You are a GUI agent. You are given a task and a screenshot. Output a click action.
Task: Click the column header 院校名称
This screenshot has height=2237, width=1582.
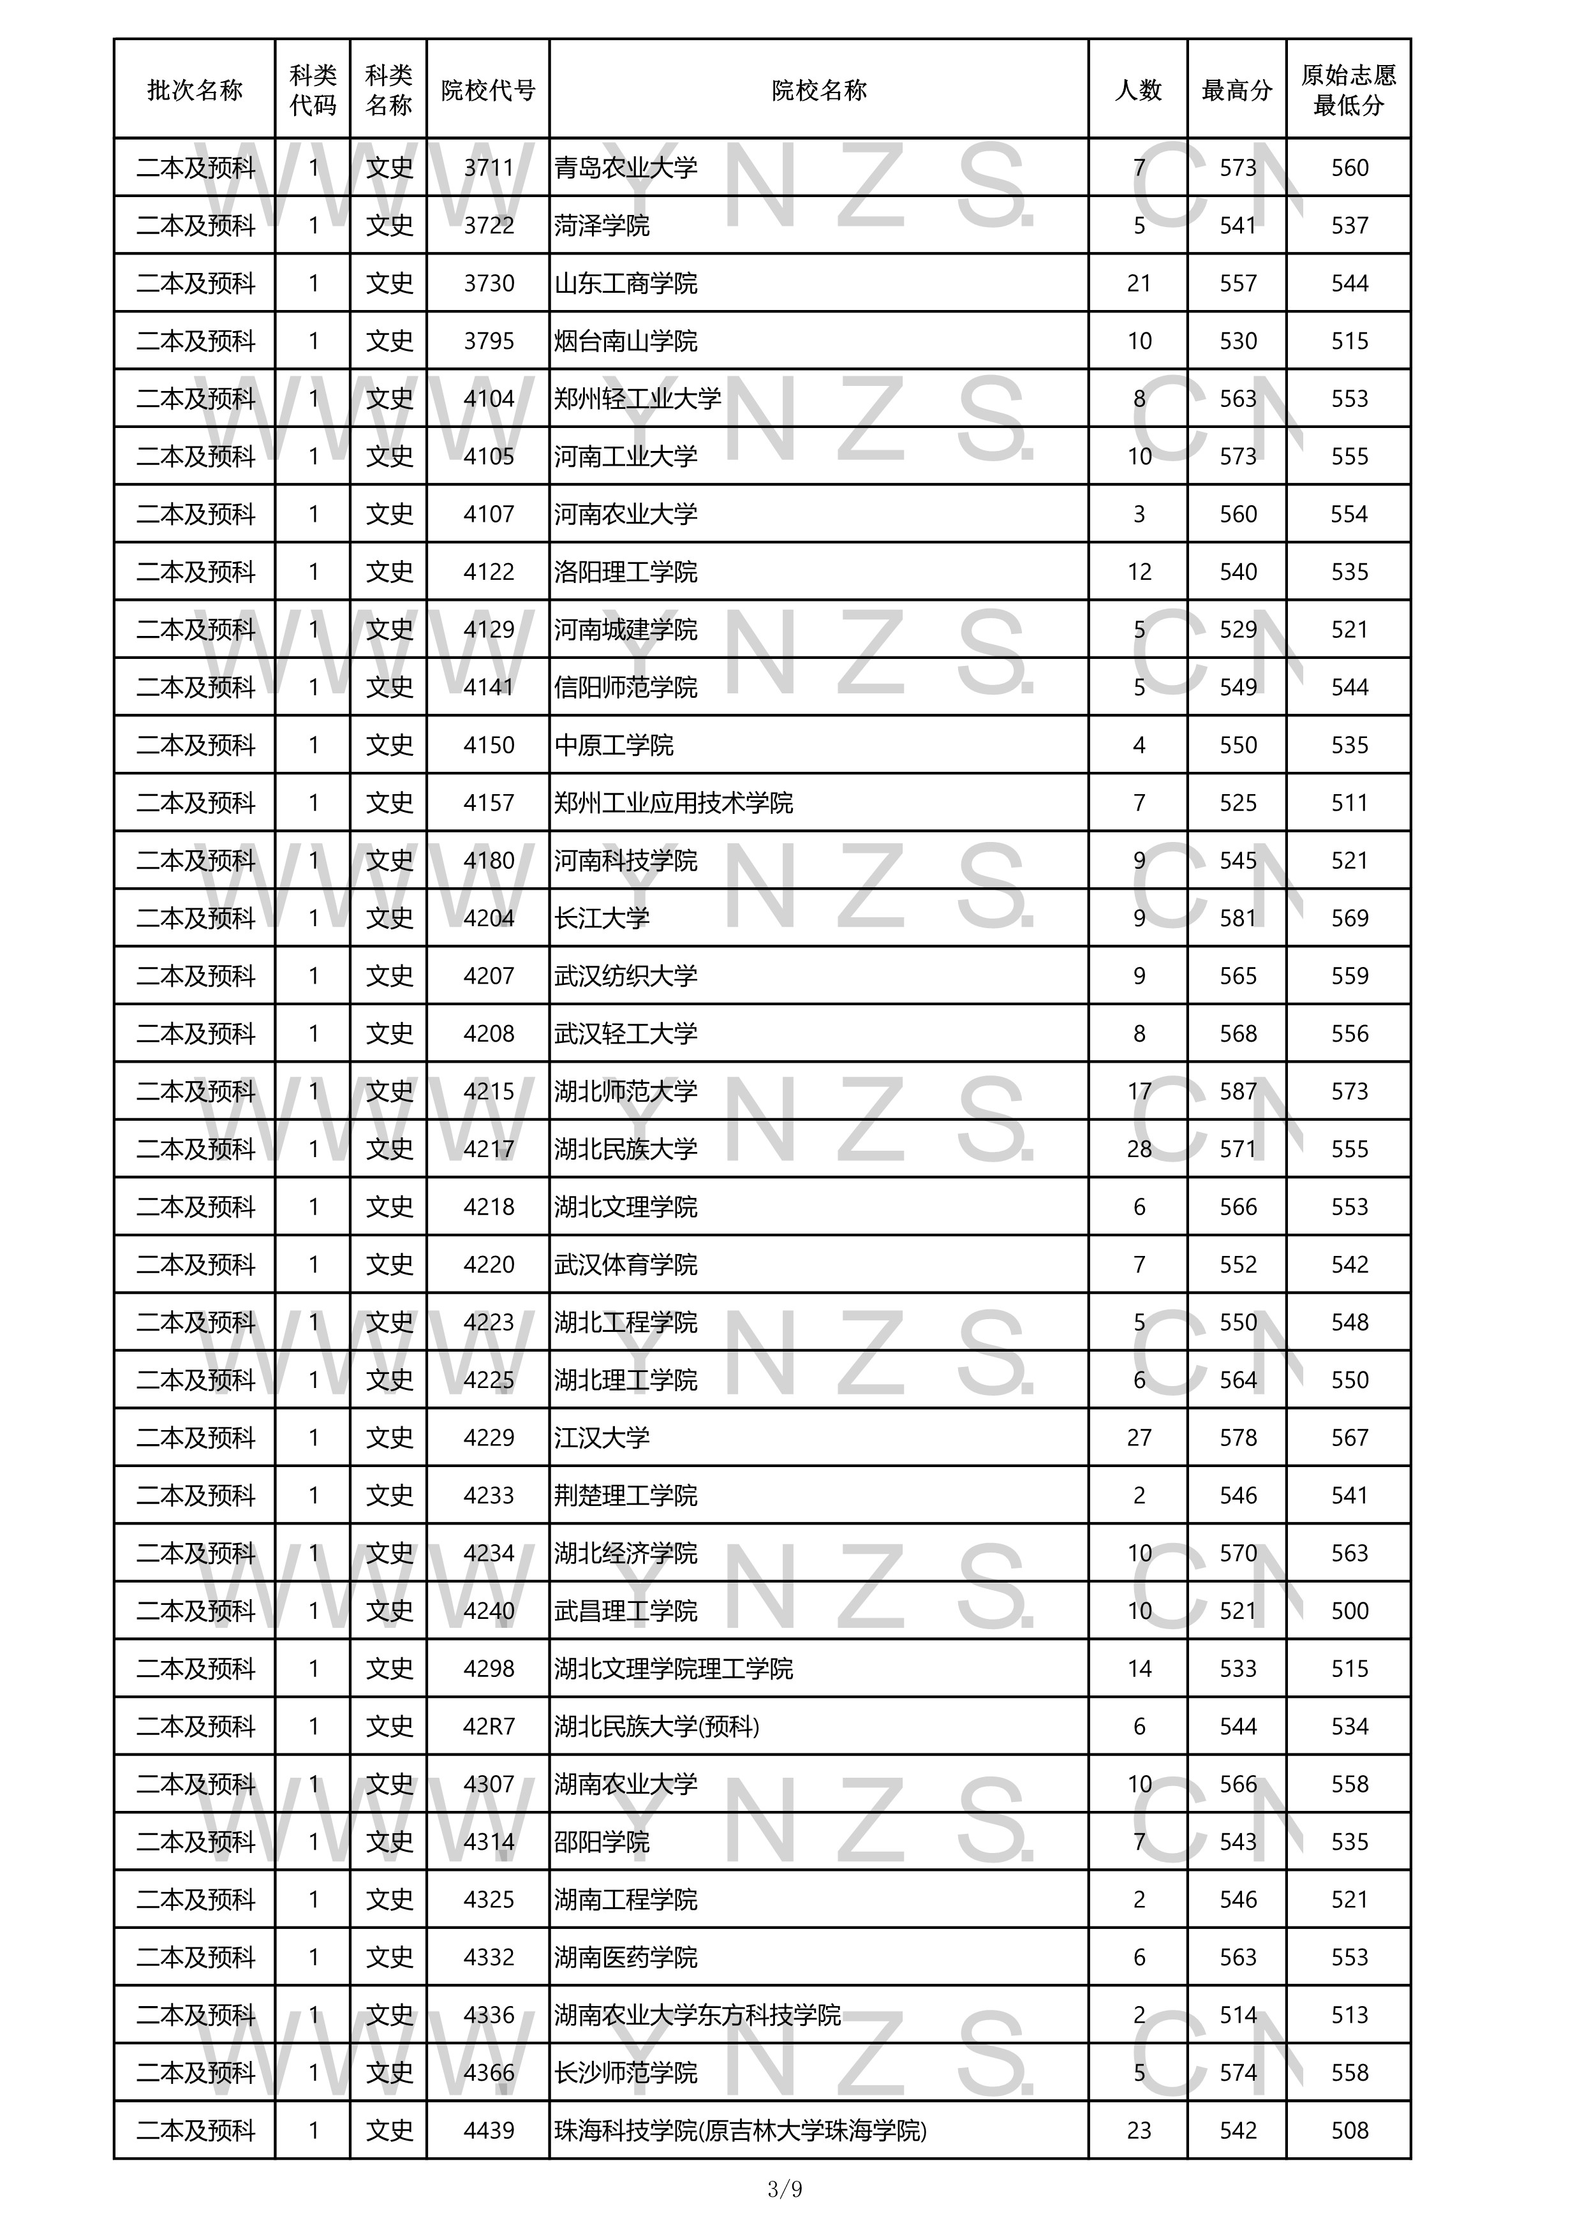pyautogui.click(x=818, y=91)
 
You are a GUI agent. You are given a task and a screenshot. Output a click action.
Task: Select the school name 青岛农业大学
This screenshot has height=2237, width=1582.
pyautogui.click(x=626, y=168)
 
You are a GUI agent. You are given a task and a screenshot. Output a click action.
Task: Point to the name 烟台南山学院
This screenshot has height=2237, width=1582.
pyautogui.click(x=626, y=341)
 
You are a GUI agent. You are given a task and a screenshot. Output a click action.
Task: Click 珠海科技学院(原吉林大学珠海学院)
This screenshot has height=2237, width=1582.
pyautogui.click(x=741, y=2131)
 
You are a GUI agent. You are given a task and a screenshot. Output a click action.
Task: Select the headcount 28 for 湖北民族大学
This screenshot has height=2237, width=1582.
pyautogui.click(x=1139, y=1149)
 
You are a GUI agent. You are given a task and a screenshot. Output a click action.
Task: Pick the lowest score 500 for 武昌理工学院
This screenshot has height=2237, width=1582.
pyautogui.click(x=1349, y=1611)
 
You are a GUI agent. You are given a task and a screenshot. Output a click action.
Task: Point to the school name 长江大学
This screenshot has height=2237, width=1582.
pyautogui.click(x=602, y=918)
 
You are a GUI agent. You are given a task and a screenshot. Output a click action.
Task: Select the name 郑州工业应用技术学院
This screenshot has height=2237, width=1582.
pyautogui.click(x=674, y=803)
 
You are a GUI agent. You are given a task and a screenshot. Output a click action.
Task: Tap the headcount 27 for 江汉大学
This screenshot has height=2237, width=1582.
pyautogui.click(x=1139, y=1437)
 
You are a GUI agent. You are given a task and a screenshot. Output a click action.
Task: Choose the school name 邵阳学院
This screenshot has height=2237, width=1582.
pyautogui.click(x=602, y=1842)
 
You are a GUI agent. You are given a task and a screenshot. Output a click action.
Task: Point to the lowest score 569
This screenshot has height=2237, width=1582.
pyautogui.click(x=1349, y=918)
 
